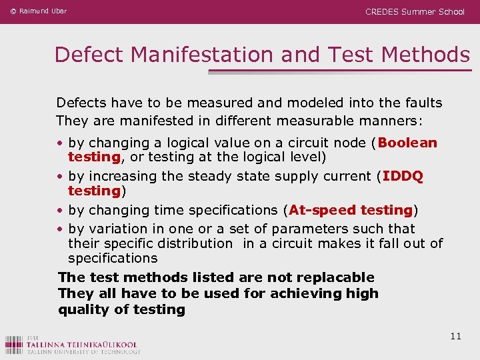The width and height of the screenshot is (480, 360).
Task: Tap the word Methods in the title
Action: [425, 55]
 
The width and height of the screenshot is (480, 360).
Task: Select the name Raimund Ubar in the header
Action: [43, 11]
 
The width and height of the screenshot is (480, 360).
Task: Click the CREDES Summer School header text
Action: [415, 11]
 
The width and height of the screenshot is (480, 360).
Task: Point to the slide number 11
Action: [455, 336]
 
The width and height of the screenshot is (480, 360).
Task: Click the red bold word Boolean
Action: [408, 143]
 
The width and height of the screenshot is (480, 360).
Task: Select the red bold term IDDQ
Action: [403, 176]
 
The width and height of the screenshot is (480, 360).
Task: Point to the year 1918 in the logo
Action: [33, 337]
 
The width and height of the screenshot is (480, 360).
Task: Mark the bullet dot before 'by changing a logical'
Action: [60, 143]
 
